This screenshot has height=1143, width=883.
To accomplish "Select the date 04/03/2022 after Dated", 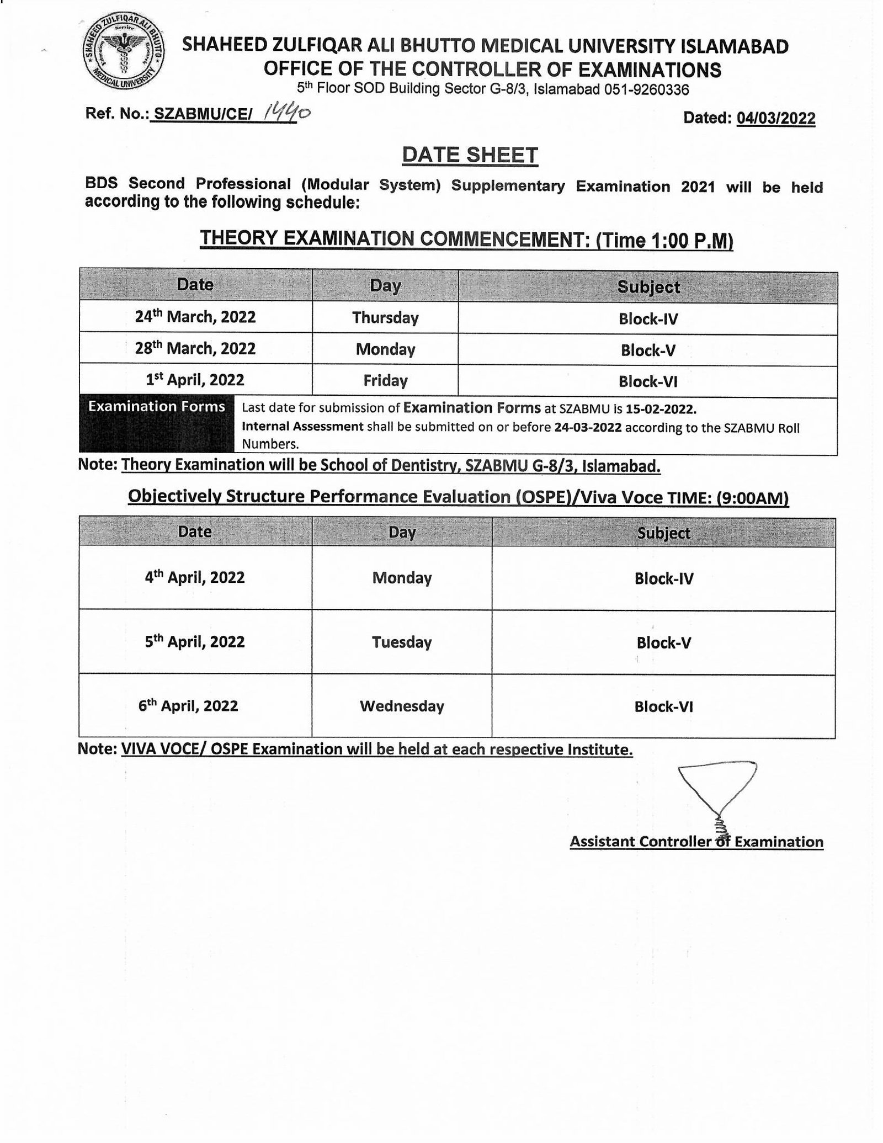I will (775, 118).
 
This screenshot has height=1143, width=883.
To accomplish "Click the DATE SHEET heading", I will (470, 155).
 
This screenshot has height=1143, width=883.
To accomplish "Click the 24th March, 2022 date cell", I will (195, 317).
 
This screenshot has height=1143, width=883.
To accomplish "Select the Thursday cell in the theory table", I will (385, 318).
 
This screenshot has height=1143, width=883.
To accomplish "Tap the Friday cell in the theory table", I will (385, 381).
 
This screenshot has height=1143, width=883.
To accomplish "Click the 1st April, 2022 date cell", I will (195, 380).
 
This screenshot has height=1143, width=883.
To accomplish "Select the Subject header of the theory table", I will (648, 287).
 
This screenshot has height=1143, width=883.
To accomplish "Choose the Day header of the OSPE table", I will (402, 532).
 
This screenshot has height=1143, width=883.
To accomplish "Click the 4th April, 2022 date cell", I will (195, 578).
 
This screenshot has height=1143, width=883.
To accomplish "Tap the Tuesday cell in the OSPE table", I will (402, 642).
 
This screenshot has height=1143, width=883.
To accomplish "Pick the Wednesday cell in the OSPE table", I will (402, 706).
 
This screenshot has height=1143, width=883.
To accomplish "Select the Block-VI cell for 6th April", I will (663, 707).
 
